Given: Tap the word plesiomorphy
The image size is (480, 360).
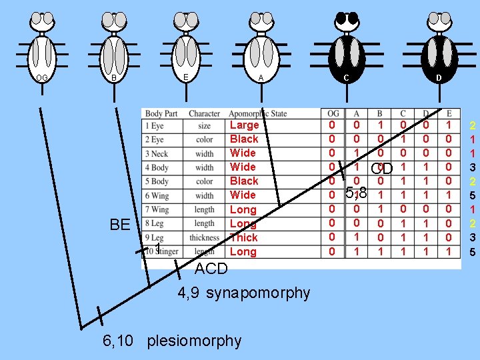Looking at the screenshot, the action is (194, 341).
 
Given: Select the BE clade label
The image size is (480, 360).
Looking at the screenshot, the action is (120, 224).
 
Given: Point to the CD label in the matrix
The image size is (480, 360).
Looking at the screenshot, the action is (382, 167).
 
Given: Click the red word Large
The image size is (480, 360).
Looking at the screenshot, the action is (243, 125).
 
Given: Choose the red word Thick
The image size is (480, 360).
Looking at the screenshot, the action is (243, 237).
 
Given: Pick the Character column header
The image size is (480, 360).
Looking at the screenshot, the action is (204, 114).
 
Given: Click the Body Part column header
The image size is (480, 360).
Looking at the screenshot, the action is (161, 114).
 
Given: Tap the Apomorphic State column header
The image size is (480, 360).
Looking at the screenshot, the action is (256, 114).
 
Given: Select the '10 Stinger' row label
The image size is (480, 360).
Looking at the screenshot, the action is (162, 251).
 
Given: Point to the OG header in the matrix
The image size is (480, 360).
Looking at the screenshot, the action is (333, 114).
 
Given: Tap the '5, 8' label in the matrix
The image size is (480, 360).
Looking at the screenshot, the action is (357, 194).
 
